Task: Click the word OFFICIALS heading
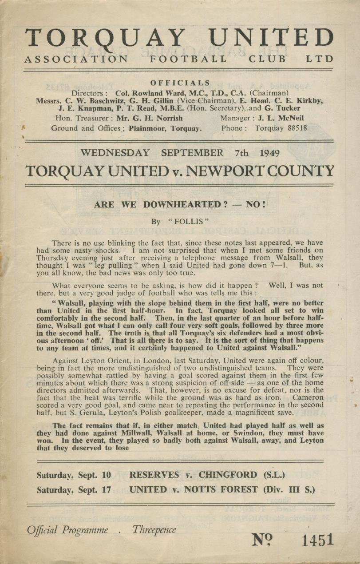point(180,83)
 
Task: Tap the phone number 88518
point(293,128)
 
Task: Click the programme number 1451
point(317,540)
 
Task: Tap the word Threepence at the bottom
point(154,530)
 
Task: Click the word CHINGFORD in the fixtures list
point(228,475)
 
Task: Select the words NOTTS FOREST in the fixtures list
point(228,489)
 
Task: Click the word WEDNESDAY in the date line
point(115,153)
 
